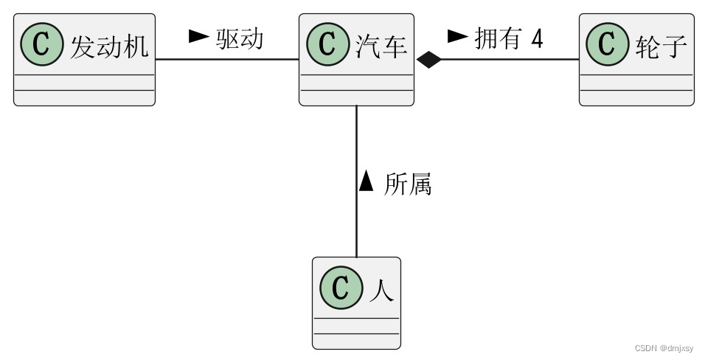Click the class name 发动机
[x=109, y=46]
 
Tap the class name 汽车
[x=382, y=46]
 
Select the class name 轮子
[x=661, y=46]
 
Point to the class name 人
[x=381, y=289]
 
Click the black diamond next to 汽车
[x=428, y=60]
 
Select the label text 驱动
[x=240, y=38]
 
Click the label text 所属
[x=407, y=184]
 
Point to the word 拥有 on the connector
[x=497, y=38]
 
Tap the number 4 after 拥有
[x=536, y=38]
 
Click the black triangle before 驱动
[x=199, y=35]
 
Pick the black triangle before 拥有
[x=458, y=35]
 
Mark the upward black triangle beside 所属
[x=367, y=181]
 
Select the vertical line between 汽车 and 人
[x=357, y=221]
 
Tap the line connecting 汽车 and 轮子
[x=516, y=60]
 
